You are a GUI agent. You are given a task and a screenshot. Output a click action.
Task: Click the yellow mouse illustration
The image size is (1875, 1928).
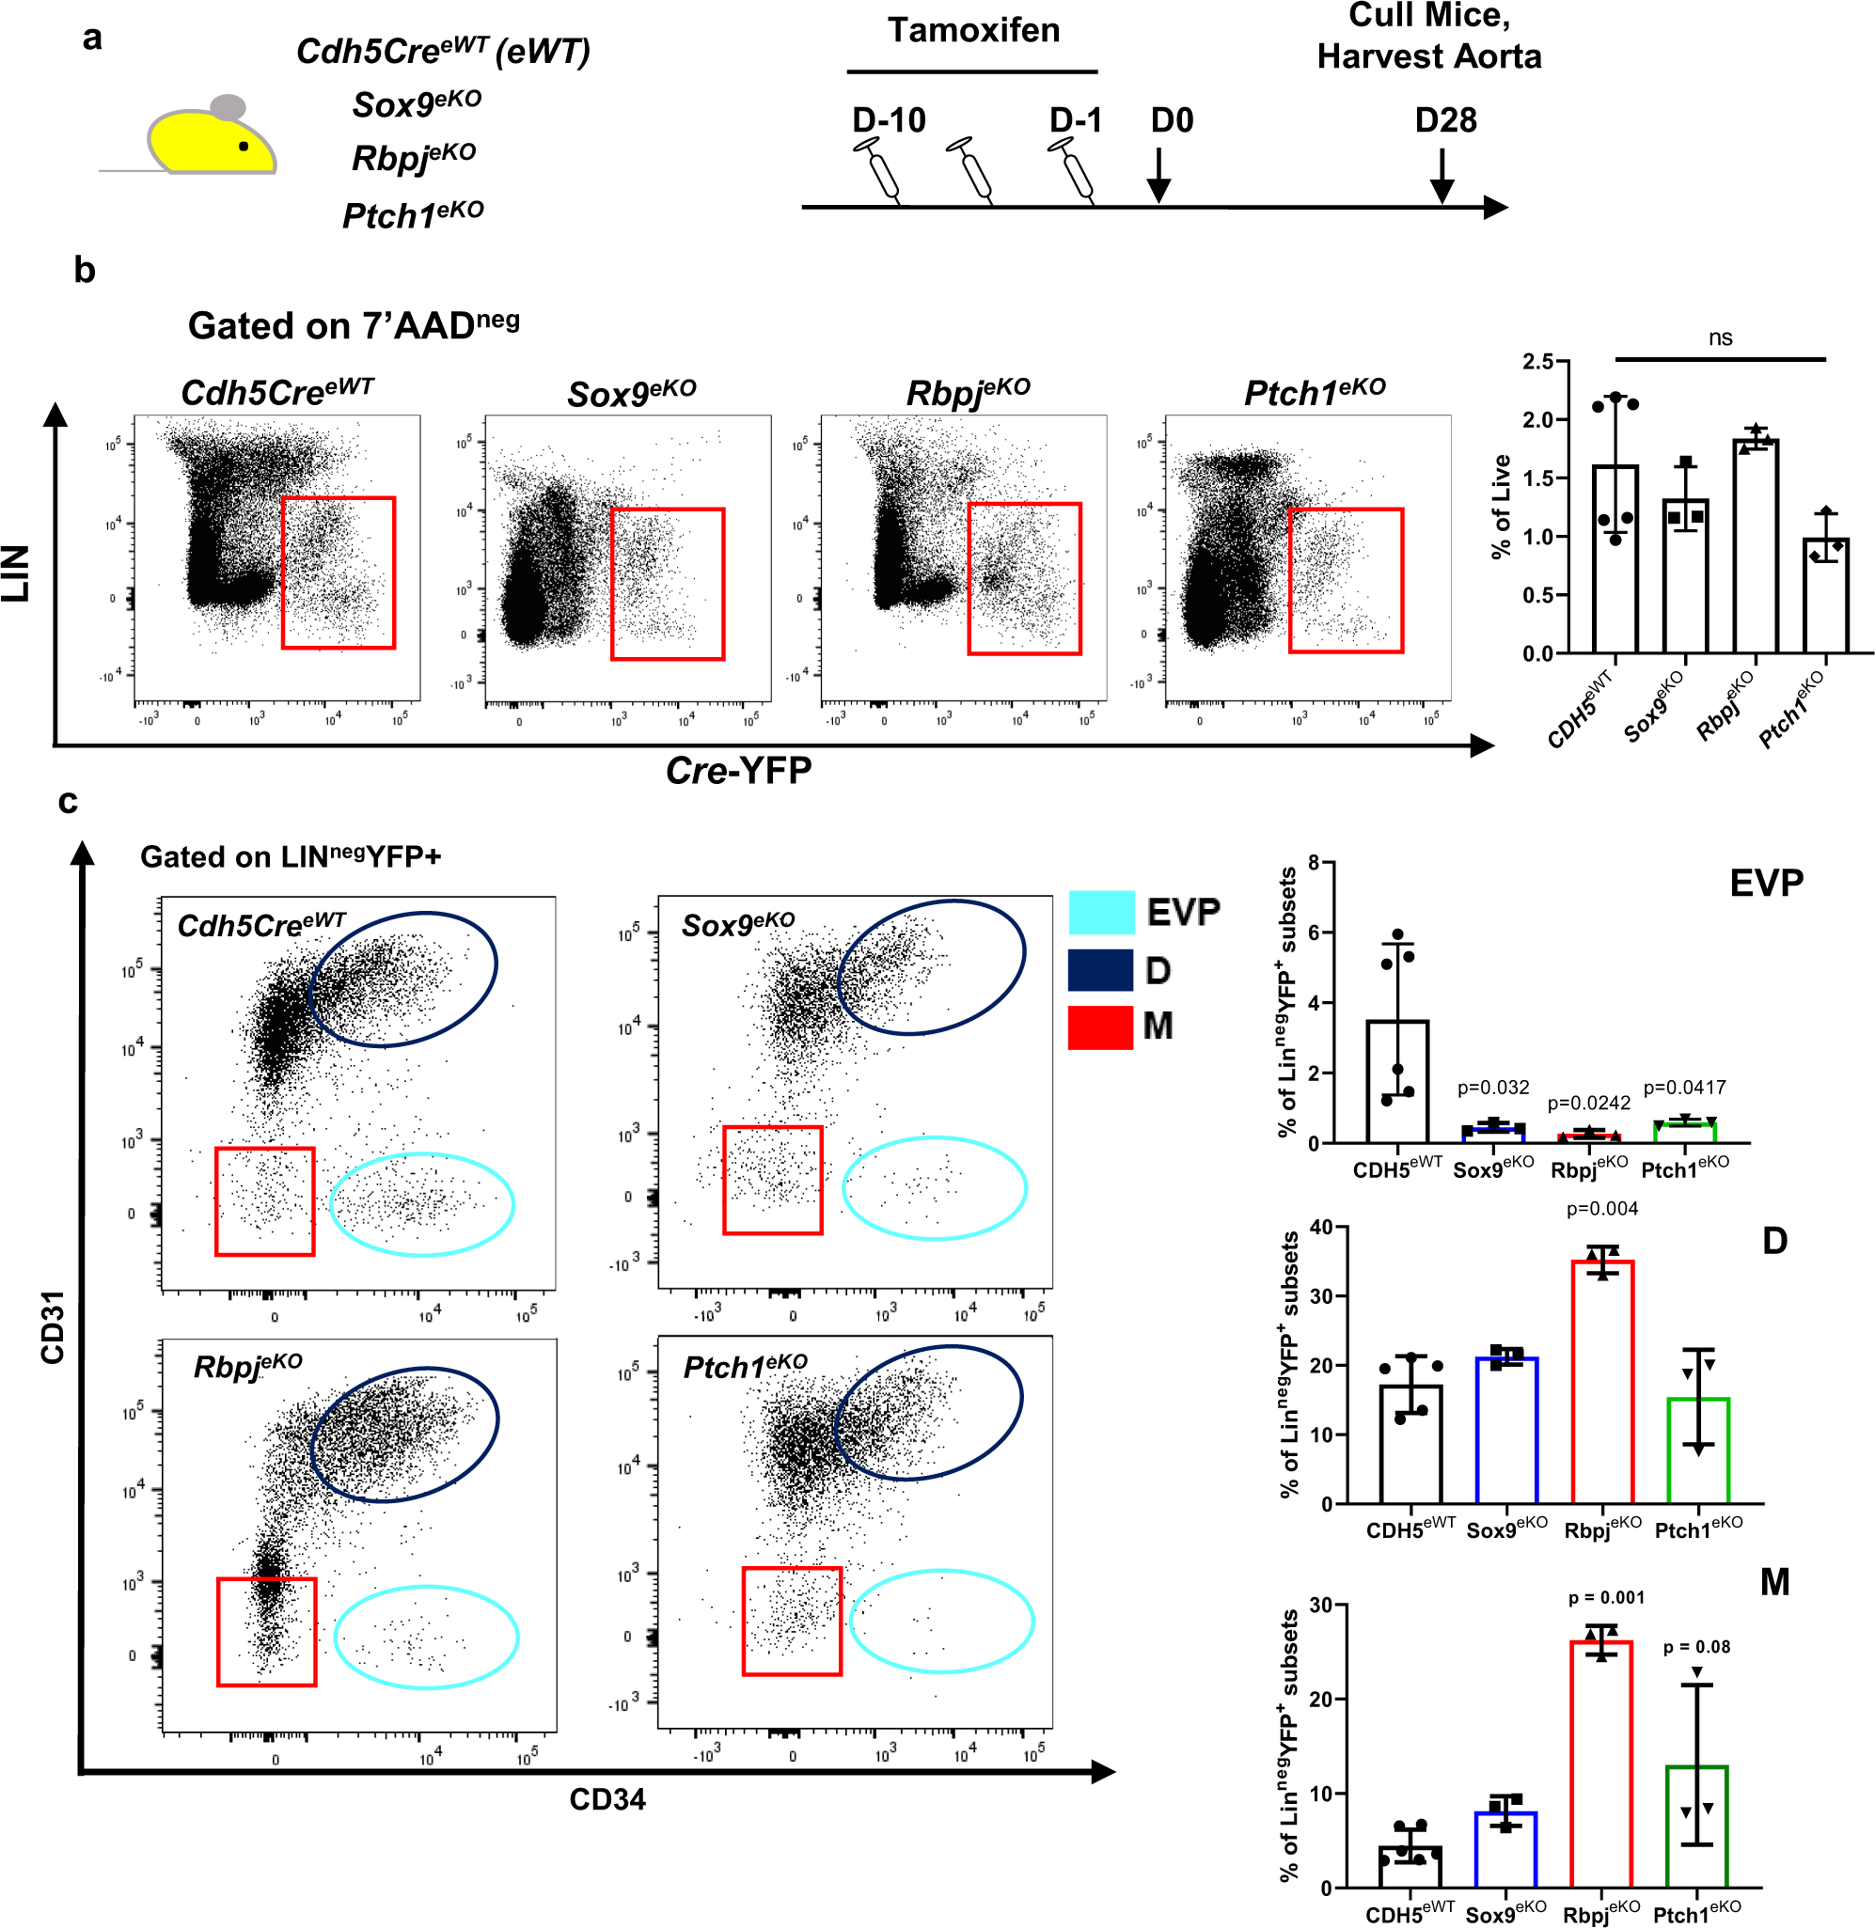(x=210, y=140)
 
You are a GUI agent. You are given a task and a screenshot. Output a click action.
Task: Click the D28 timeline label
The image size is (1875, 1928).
(x=1444, y=120)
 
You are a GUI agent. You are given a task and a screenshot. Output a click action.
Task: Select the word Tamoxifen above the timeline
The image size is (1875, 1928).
(x=973, y=30)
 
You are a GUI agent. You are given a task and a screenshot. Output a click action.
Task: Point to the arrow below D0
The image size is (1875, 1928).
(x=1159, y=175)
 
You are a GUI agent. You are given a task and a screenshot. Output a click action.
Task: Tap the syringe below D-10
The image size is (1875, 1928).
(x=880, y=169)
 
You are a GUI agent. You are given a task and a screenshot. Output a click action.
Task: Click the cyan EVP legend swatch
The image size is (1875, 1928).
(x=1101, y=912)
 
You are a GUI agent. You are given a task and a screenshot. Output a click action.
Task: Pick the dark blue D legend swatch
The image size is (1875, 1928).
(x=1101, y=970)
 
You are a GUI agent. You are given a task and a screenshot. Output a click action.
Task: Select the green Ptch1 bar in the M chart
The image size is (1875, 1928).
(x=1696, y=1826)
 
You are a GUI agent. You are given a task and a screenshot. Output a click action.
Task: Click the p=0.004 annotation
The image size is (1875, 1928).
(x=1602, y=1208)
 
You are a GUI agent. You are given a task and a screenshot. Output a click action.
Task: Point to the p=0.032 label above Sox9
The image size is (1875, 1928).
(x=1493, y=1087)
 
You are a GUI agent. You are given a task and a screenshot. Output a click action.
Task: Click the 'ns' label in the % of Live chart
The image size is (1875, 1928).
(x=1720, y=337)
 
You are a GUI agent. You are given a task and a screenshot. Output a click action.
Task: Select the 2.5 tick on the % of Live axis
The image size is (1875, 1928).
(x=1537, y=361)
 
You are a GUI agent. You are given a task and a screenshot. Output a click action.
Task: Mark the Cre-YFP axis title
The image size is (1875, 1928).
(x=738, y=770)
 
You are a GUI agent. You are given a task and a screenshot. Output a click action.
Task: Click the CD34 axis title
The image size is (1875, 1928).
(x=607, y=1799)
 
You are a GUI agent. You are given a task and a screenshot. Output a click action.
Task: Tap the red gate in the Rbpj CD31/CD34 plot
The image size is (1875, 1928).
(x=267, y=1632)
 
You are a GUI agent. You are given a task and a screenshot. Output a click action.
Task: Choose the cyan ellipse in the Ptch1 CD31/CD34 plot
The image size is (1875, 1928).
(x=940, y=1621)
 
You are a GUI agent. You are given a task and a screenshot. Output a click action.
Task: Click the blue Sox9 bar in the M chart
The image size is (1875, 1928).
(x=1505, y=1848)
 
